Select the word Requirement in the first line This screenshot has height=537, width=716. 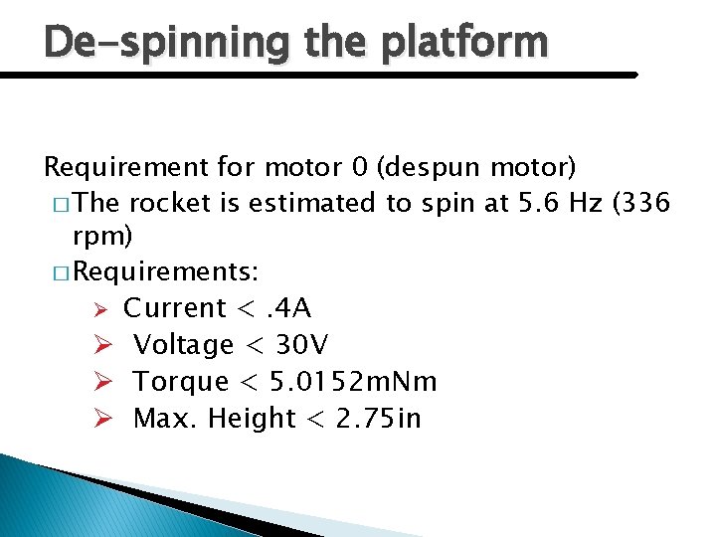(x=125, y=166)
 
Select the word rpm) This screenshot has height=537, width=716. (x=103, y=240)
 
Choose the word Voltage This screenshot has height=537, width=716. (x=184, y=345)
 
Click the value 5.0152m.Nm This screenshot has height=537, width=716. (x=355, y=382)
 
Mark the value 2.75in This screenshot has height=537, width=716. (x=379, y=419)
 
